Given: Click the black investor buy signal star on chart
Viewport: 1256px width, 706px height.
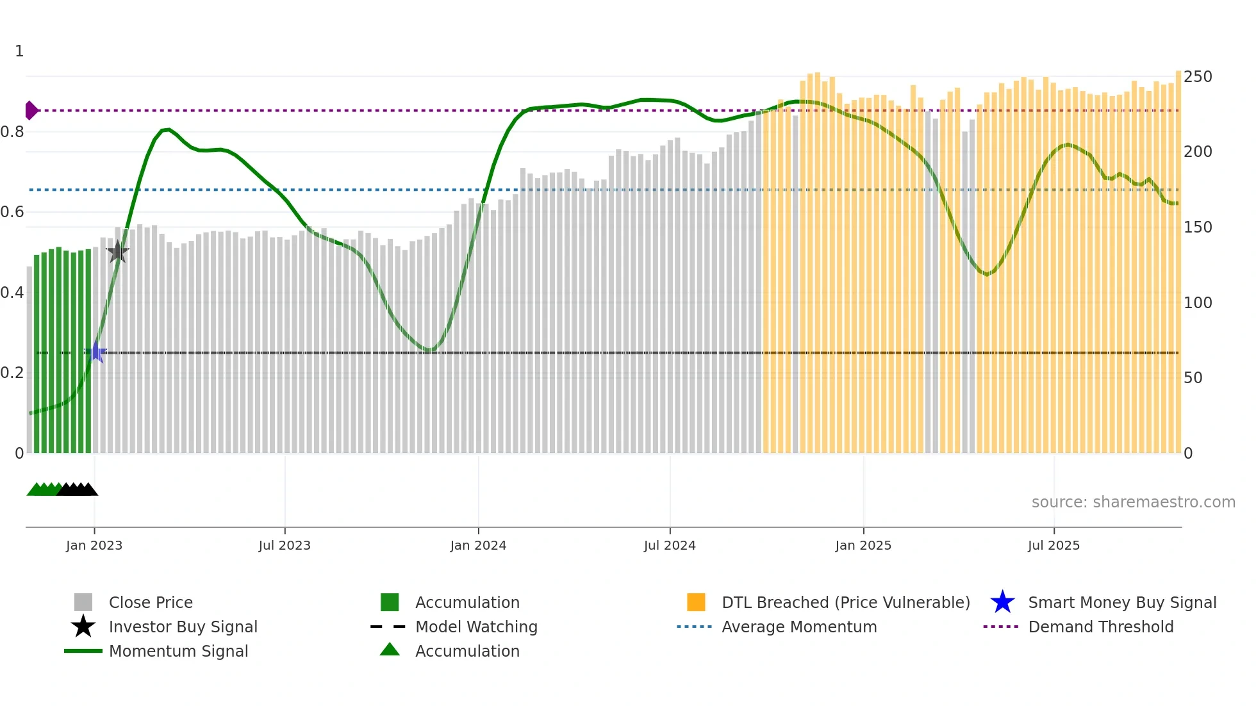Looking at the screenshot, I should pos(118,252).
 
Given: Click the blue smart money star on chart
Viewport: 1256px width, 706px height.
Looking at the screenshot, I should pos(96,352).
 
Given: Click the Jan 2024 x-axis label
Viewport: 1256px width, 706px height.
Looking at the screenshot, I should pos(478,545).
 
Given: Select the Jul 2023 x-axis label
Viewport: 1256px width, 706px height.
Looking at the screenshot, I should pos(285,545).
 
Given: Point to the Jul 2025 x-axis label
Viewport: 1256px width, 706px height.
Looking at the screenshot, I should pos(1054,545).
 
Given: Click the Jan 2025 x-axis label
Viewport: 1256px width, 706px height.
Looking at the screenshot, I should pos(863,545).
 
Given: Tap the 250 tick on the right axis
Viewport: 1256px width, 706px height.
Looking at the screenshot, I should pos(1198,77).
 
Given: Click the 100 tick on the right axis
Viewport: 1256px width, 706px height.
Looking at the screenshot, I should pos(1198,302).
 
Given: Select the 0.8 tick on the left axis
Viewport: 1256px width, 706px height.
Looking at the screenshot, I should pos(13,132).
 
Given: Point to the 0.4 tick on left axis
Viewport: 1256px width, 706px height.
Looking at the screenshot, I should pos(13,293).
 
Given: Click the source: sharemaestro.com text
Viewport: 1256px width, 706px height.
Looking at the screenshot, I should pos(1133,502).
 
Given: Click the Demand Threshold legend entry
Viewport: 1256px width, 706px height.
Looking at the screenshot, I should pos(1100,627).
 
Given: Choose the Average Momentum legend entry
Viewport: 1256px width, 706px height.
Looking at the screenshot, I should pos(798,627).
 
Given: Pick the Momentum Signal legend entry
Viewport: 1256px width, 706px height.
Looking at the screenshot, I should pos(178,651).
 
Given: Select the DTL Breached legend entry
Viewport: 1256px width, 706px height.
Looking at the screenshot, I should pos(845,602).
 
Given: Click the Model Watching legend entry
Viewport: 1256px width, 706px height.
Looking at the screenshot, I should pos(476,627).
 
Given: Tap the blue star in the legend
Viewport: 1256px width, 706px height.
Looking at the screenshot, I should pos(1002,602).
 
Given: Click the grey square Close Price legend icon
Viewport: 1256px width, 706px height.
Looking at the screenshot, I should pos(83,602).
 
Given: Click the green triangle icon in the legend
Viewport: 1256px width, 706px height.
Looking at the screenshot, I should pos(390,650).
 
